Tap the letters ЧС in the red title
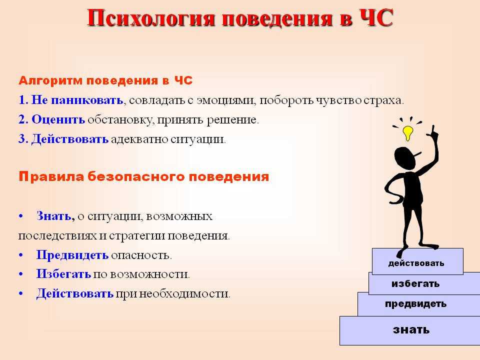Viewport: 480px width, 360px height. pyautogui.click(x=376, y=18)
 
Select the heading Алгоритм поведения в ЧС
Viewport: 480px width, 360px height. pyautogui.click(x=105, y=80)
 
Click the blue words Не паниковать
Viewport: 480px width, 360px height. pyautogui.click(x=77, y=100)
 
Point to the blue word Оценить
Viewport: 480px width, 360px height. pyautogui.click(x=58, y=119)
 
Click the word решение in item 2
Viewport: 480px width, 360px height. pyautogui.click(x=232, y=120)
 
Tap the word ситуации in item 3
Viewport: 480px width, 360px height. pyautogui.click(x=198, y=139)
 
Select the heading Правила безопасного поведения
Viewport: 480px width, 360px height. pyautogui.click(x=144, y=177)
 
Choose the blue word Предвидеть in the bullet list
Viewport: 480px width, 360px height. pyautogui.click(x=72, y=255)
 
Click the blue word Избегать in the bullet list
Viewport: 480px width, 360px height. pyautogui.click(x=63, y=274)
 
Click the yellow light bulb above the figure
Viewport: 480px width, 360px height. pyautogui.click(x=408, y=132)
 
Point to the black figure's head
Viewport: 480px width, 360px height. pyautogui.click(x=405, y=157)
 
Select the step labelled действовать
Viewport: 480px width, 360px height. pyautogui.click(x=417, y=261)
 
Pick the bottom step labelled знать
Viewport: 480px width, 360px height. pyautogui.click(x=410, y=330)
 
